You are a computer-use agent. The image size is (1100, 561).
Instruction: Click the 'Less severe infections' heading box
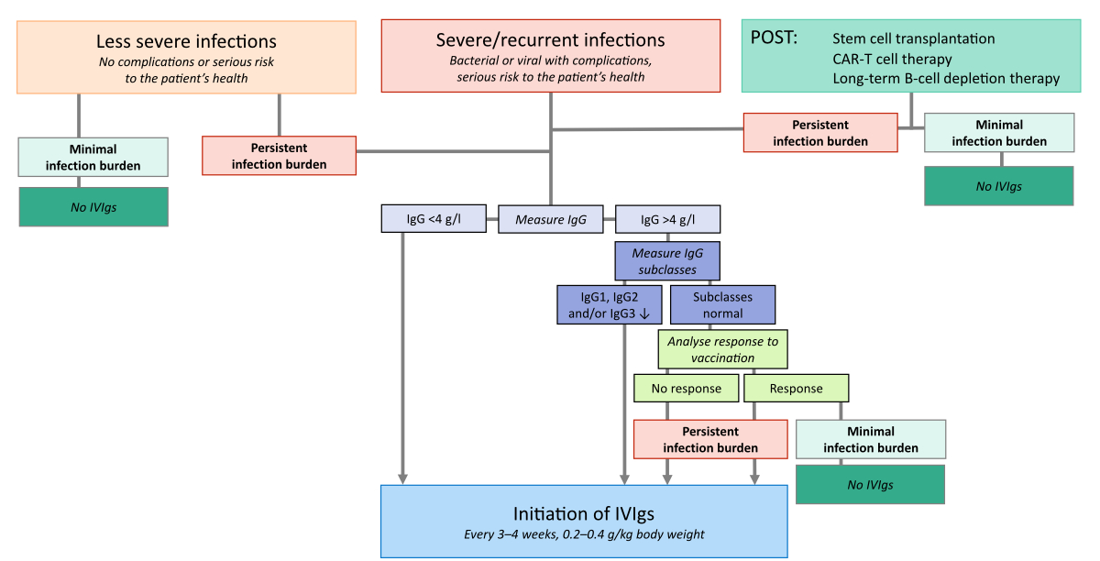(x=187, y=57)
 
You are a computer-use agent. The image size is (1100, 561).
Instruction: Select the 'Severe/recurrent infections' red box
(x=551, y=57)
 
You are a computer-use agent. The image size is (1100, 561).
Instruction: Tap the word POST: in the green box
(x=775, y=38)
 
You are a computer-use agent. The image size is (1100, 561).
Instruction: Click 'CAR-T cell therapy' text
(x=892, y=59)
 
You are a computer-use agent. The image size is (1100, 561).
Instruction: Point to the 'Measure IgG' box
(x=551, y=220)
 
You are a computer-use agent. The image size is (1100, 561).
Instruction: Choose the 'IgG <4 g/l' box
(x=434, y=220)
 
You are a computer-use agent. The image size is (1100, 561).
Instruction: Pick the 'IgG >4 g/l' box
(x=668, y=220)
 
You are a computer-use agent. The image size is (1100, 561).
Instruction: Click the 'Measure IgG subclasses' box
(x=667, y=261)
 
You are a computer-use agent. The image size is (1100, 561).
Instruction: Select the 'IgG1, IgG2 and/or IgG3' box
(x=609, y=304)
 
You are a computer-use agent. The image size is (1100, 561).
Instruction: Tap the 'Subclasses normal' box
(x=723, y=304)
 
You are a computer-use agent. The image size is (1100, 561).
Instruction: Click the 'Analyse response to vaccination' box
(x=723, y=349)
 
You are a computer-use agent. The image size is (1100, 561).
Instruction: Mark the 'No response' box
(x=687, y=389)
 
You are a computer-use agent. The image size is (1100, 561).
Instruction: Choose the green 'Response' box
(x=796, y=389)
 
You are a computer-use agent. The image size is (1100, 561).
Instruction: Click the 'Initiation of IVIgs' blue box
(x=584, y=522)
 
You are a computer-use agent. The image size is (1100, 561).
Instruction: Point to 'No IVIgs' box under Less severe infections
(x=93, y=207)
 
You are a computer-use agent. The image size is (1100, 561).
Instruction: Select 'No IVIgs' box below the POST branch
(x=999, y=186)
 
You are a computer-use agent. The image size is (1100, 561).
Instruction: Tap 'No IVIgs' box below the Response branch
(x=870, y=484)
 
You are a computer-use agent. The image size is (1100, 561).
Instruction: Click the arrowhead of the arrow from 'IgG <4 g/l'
(x=402, y=478)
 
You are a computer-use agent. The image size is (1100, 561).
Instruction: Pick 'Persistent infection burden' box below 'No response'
(x=710, y=439)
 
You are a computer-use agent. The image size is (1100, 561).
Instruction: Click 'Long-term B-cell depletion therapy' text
(x=946, y=79)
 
